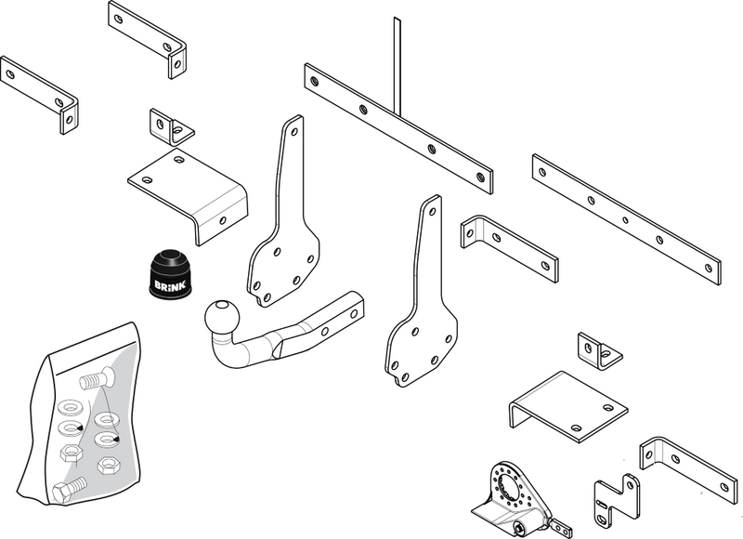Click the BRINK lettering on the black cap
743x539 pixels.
[170, 285]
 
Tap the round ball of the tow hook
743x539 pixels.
[222, 317]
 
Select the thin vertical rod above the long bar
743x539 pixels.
[397, 65]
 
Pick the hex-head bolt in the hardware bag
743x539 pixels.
[70, 490]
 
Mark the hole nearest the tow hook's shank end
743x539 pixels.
[354, 313]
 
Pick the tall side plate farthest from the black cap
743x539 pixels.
[422, 293]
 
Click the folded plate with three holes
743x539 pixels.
[189, 196]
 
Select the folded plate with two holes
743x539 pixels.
[568, 406]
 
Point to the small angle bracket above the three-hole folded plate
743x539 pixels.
[172, 126]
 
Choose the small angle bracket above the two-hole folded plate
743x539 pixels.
[599, 351]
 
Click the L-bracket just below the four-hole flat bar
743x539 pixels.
[509, 248]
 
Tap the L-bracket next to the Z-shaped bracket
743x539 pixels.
[688, 469]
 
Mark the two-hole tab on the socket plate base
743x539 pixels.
[562, 526]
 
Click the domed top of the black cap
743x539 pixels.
[170, 259]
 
